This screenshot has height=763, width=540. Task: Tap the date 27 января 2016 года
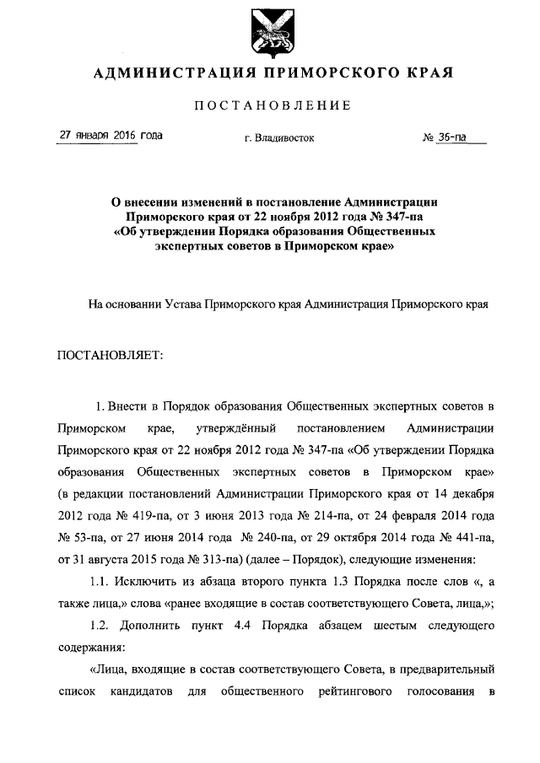(109, 136)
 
